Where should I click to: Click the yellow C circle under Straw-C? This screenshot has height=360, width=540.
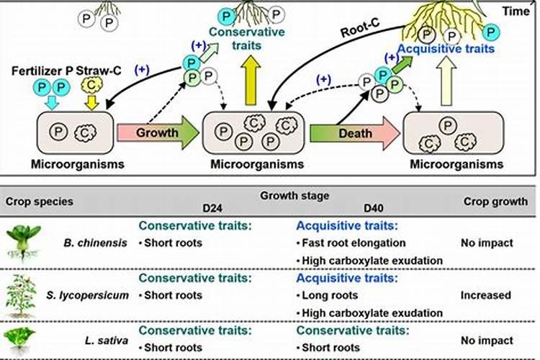click(x=91, y=87)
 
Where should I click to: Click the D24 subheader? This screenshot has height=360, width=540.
click(x=212, y=208)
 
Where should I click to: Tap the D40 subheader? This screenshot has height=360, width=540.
click(x=372, y=208)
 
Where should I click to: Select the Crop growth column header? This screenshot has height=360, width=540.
click(x=495, y=201)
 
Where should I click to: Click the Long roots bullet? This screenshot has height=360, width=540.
click(x=331, y=295)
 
